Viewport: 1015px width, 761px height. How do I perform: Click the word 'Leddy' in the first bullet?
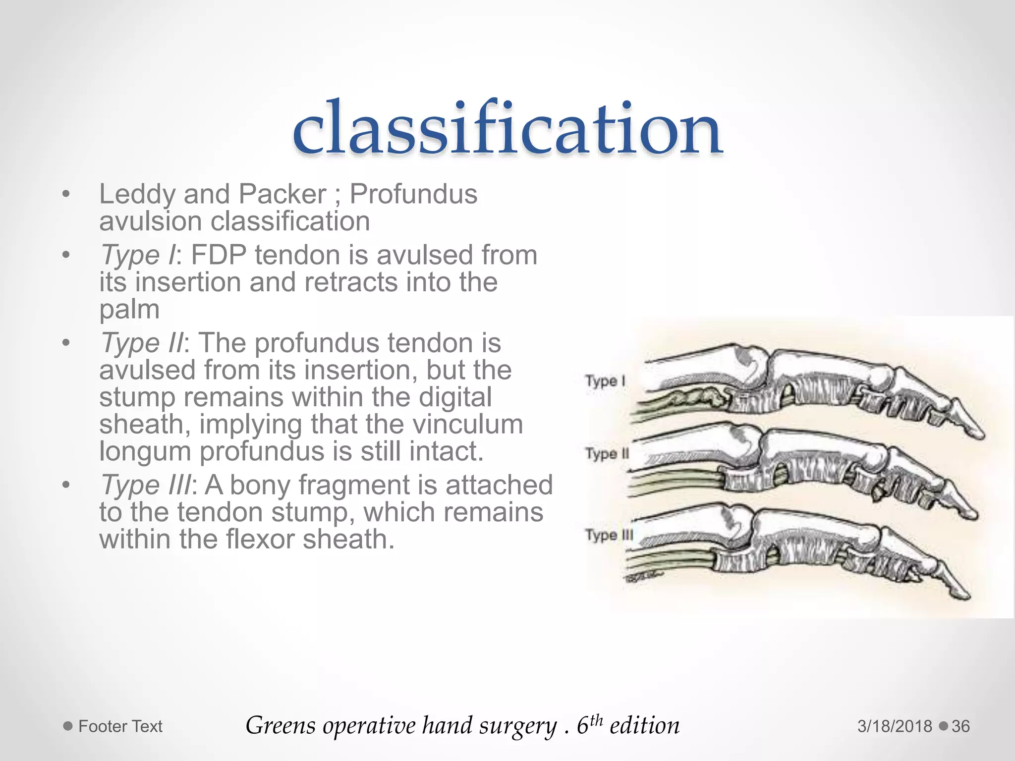click(x=137, y=194)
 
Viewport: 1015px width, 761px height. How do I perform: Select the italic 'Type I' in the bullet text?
click(x=138, y=256)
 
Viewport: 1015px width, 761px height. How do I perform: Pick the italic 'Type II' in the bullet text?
click(x=142, y=343)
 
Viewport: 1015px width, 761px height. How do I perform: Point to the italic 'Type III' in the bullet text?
click(x=145, y=485)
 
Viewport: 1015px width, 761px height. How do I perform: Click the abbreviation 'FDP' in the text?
click(x=219, y=256)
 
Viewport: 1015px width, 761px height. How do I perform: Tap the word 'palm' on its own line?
click(x=129, y=310)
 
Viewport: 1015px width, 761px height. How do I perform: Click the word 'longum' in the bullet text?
click(x=145, y=451)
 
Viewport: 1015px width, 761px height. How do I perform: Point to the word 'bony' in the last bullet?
click(x=260, y=485)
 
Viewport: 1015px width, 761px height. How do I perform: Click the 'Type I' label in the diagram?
click(x=605, y=381)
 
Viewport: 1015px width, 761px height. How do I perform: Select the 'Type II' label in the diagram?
click(x=607, y=453)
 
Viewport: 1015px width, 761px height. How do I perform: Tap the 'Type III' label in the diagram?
click(x=609, y=535)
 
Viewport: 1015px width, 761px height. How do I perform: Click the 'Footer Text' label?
click(x=120, y=726)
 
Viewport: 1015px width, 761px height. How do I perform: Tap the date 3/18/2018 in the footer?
click(x=895, y=726)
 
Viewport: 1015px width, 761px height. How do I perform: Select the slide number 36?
click(x=960, y=726)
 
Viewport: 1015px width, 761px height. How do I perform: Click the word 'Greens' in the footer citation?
click(x=281, y=726)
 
